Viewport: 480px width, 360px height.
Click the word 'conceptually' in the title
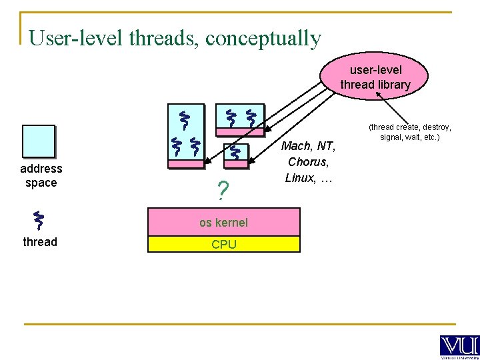pos(263,38)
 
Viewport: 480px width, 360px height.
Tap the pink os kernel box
pos(223,222)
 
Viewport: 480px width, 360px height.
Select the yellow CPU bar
pos(223,244)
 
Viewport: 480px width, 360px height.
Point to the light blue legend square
pos(38,141)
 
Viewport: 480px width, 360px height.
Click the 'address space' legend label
pos(41,175)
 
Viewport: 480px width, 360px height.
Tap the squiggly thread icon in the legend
pos(39,221)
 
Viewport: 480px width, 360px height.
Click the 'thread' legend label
pos(40,241)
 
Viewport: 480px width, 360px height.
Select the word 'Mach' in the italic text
pos(297,146)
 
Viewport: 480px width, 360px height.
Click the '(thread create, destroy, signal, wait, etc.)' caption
pos(410,131)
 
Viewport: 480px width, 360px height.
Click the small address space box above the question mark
pos(235,155)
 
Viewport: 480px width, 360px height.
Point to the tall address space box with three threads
pos(185,136)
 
